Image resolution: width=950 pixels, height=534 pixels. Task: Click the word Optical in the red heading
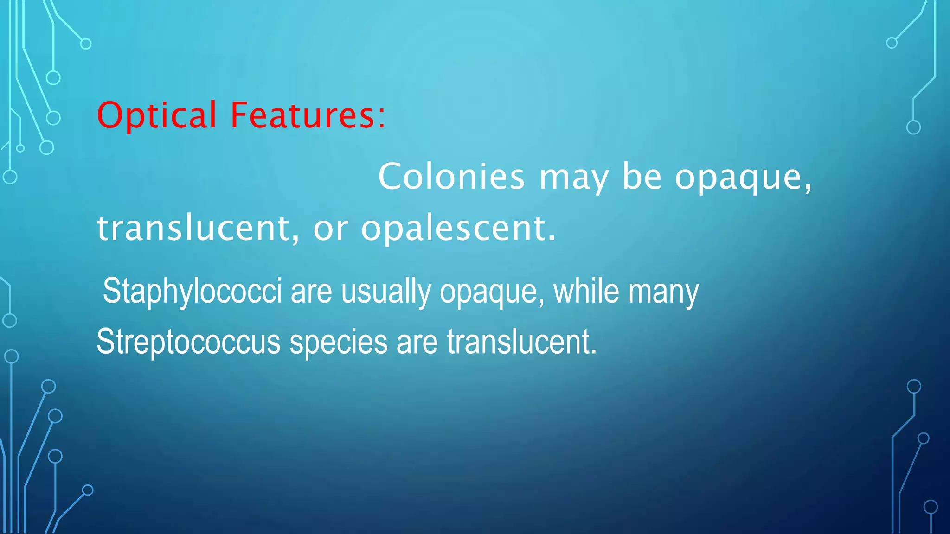pos(156,115)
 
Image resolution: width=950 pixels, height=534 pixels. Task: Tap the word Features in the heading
pos(302,115)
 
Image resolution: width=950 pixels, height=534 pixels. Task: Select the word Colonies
pos(451,177)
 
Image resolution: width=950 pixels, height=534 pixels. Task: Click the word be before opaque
pos(642,176)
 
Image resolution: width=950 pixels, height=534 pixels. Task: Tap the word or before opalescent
pos(331,229)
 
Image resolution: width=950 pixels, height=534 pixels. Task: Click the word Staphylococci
pos(192,292)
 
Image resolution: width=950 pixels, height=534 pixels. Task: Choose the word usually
pos(386,292)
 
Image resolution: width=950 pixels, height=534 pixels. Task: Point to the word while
pos(586,291)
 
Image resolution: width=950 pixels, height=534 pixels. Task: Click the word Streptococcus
pos(188,342)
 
